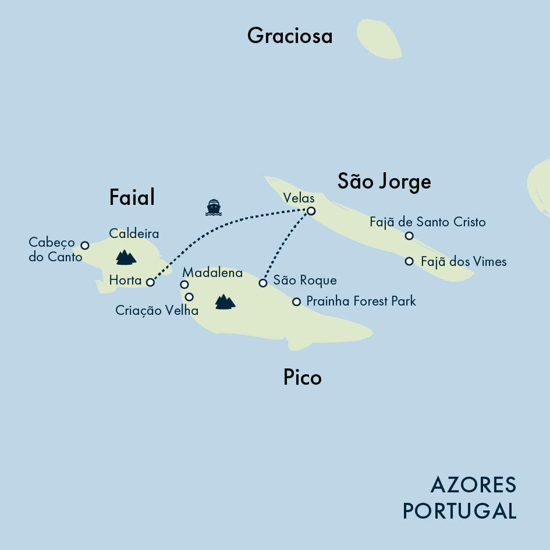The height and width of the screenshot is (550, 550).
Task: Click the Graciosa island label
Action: coord(289,36)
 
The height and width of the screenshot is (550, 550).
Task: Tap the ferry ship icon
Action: coord(214,207)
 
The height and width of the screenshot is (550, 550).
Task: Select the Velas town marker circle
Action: coord(311,211)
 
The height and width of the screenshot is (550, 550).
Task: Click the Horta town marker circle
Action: coord(150,282)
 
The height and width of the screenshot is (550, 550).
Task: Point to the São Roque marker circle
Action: coord(263,283)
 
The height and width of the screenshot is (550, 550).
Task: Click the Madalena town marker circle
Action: coord(184,285)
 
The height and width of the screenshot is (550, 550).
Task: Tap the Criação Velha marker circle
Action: coord(189,297)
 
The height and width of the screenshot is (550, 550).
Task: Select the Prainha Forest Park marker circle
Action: coord(296,301)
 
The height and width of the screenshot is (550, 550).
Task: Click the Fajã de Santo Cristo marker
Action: coord(409,236)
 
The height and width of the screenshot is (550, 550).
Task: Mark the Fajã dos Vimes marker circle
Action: coord(409,261)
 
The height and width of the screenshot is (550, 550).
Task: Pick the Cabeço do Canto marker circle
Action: coord(85,245)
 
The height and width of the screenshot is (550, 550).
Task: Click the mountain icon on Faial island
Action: coord(125,257)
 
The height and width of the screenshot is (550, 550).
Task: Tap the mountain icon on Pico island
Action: coord(225,301)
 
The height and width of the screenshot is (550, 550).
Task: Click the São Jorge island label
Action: coord(384,182)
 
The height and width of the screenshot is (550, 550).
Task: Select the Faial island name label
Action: coord(132,198)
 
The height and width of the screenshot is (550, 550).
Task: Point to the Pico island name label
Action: coord(302,378)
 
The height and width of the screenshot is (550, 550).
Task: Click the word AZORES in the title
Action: coord(473,484)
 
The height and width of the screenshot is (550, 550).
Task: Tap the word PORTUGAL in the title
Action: coord(459,511)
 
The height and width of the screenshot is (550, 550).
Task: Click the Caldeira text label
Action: coord(134,233)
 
